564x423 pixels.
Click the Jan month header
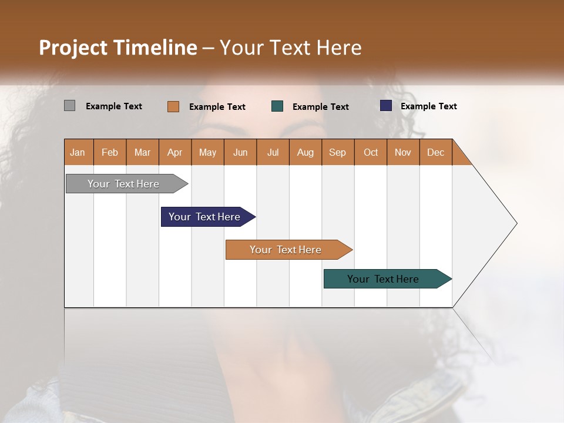(x=78, y=152)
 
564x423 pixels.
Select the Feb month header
(x=110, y=152)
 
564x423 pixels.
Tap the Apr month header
(x=174, y=152)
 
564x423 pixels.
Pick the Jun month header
(x=240, y=152)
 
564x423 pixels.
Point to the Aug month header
(x=305, y=152)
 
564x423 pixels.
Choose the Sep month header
(x=337, y=152)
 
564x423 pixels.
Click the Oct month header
(x=371, y=152)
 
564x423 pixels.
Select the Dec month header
(x=435, y=152)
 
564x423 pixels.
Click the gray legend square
(x=69, y=106)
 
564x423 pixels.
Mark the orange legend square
(x=173, y=106)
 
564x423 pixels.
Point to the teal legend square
(x=277, y=106)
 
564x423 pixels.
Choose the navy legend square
(x=386, y=106)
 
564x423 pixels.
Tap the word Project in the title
(x=72, y=48)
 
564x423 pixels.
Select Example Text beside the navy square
(x=428, y=106)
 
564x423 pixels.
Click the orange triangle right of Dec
(x=460, y=156)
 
